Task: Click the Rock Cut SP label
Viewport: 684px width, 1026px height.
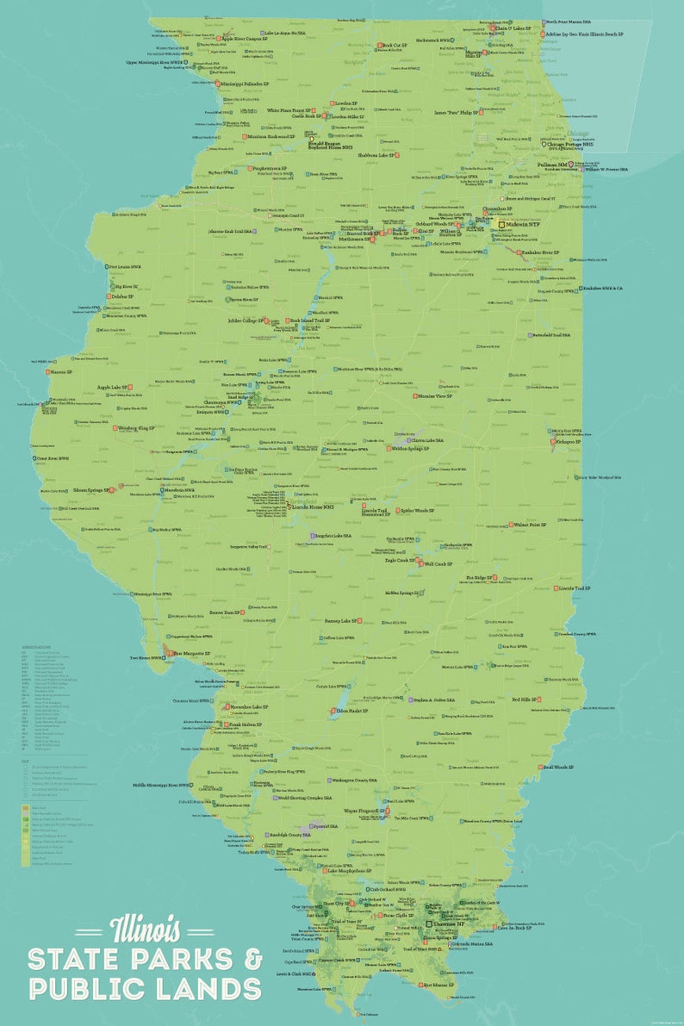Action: coord(395,45)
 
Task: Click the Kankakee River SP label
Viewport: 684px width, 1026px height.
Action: coord(540,252)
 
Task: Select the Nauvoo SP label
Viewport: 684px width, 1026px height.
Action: coord(61,372)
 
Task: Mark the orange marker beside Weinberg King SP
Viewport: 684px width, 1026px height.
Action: coord(115,427)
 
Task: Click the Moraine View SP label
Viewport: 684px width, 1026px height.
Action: coord(435,396)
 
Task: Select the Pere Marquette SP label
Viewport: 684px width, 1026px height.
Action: coord(190,655)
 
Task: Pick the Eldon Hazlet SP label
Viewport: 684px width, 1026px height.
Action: coord(351,711)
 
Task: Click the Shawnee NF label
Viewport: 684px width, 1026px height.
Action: coord(448,923)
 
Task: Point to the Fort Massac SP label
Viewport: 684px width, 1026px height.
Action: coord(438,984)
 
